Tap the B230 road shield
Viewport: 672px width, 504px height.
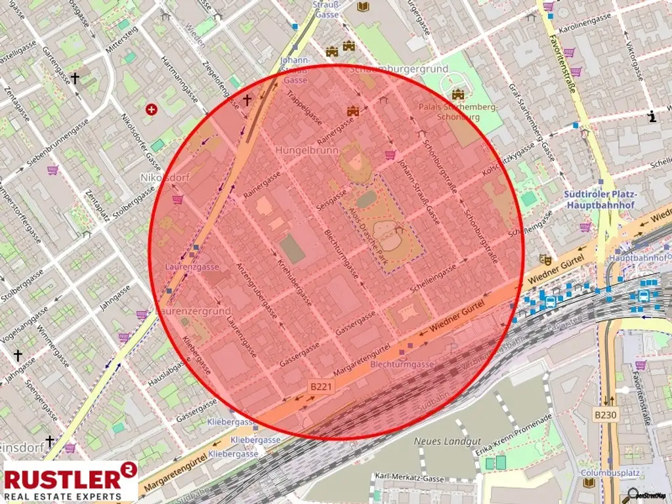click(606, 415)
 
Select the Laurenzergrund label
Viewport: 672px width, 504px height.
click(193, 310)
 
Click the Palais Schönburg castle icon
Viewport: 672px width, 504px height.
click(457, 94)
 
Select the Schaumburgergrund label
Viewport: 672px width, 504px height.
click(399, 69)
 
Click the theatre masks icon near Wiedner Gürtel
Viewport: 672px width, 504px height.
click(544, 259)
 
